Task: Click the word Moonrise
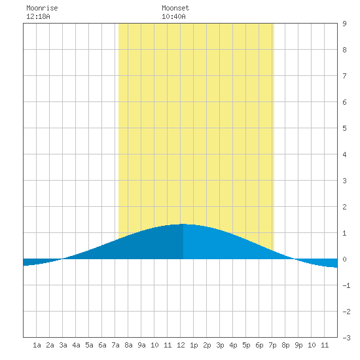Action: coord(42,8)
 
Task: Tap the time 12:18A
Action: coord(38,16)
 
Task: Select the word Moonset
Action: coord(175,8)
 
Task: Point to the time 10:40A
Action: coord(173,16)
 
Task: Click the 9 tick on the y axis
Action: coord(344,24)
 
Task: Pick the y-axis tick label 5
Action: coord(344,128)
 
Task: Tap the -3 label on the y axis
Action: coord(346,338)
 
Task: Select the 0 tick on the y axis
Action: coord(344,259)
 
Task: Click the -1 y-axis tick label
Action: coord(346,285)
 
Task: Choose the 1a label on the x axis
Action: coord(37,345)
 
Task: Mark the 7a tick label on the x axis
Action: coord(115,345)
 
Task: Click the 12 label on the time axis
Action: coord(181,345)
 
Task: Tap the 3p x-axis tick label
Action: coord(220,345)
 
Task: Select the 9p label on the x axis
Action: coord(298,345)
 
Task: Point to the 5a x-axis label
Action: coord(89,345)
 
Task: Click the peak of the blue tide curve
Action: coord(183,224)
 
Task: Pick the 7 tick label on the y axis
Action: coord(344,76)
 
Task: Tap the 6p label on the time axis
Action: coord(259,345)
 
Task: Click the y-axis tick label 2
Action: coord(344,207)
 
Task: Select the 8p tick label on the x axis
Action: coord(285,345)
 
